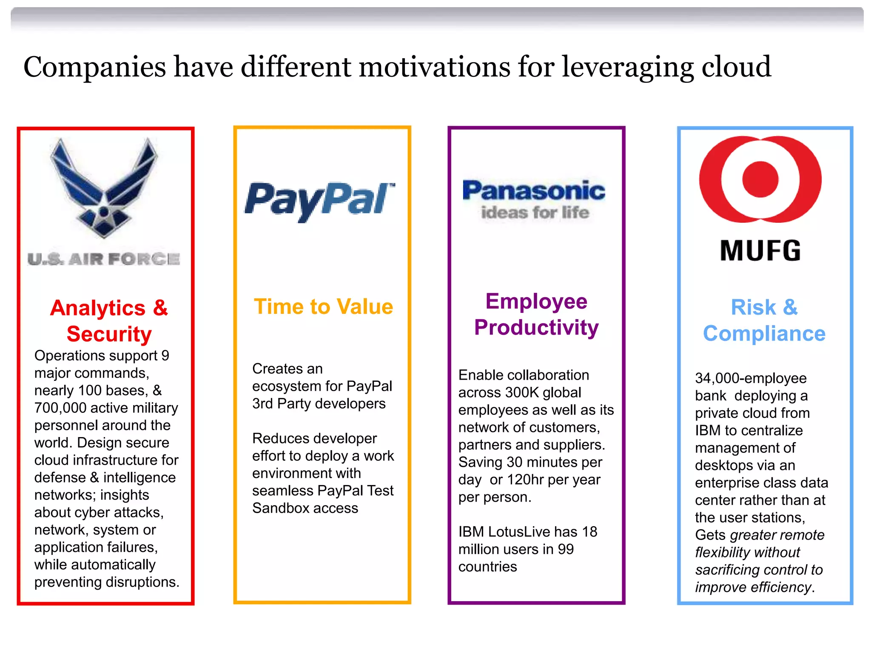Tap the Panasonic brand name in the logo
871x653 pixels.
click(534, 190)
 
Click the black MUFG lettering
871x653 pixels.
click(760, 250)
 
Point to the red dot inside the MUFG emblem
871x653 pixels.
click(760, 179)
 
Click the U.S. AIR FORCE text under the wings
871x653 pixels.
click(104, 259)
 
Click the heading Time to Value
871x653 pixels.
click(323, 307)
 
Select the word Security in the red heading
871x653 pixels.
click(109, 334)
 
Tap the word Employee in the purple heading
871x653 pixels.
click(536, 301)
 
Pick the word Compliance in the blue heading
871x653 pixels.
click(764, 334)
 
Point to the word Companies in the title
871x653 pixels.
click(94, 68)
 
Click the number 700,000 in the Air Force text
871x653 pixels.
click(60, 408)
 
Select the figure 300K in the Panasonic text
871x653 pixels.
click(522, 392)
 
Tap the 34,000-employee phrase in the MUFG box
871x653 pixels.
click(751, 378)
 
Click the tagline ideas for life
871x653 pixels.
click(535, 213)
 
